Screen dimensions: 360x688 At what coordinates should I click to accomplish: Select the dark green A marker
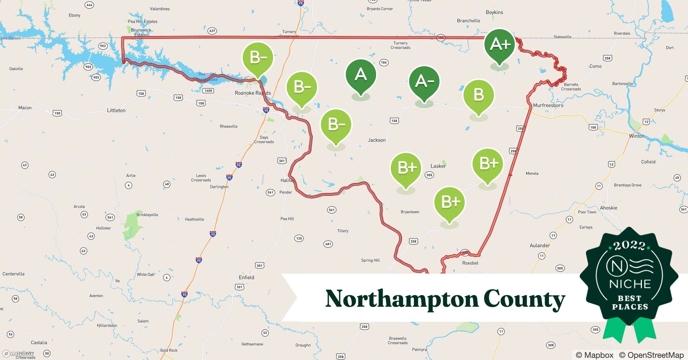(361, 75)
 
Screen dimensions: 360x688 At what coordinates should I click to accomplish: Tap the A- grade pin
(424, 82)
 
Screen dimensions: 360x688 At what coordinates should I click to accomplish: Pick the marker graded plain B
(478, 95)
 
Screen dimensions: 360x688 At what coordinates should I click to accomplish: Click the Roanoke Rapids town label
(253, 93)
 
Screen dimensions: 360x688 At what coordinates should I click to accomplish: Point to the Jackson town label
(376, 140)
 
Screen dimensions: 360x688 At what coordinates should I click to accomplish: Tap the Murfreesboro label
(548, 105)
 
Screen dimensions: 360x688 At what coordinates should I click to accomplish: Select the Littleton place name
(116, 111)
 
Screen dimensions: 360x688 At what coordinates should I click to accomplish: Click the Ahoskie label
(608, 208)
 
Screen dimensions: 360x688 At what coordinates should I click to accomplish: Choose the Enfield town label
(246, 277)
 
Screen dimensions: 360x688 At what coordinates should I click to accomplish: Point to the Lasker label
(438, 166)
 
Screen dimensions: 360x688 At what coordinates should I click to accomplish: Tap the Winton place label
(636, 136)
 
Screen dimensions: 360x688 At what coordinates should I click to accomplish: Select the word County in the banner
(524, 299)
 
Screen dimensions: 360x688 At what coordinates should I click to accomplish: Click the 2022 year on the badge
(629, 246)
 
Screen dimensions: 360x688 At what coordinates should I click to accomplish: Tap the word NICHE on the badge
(630, 284)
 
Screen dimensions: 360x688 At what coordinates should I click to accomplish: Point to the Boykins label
(494, 12)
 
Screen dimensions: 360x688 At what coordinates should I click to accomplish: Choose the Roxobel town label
(470, 263)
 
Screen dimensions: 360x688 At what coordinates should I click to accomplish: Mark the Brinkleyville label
(147, 215)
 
